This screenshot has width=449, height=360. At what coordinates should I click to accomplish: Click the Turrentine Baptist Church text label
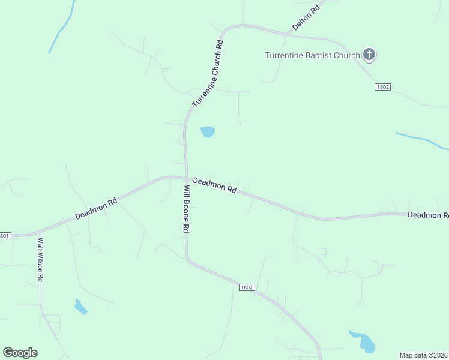[312, 56]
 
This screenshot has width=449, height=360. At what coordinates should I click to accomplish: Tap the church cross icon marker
[369, 56]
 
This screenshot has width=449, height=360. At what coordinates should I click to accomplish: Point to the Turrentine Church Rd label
[208, 74]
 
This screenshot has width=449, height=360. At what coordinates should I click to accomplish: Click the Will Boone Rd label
[187, 209]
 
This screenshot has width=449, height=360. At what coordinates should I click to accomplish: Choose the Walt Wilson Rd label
[40, 260]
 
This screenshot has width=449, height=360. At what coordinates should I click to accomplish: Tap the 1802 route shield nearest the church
[382, 87]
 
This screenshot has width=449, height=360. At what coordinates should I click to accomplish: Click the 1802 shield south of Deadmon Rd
[247, 287]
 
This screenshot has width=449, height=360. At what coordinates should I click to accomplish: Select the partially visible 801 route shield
[5, 236]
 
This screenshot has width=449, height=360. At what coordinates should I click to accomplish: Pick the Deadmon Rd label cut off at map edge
[428, 215]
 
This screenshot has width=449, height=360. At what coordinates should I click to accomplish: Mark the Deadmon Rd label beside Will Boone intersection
[214, 185]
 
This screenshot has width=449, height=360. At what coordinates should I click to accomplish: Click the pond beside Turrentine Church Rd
[208, 131]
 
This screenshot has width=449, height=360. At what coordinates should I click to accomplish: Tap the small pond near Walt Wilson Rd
[80, 307]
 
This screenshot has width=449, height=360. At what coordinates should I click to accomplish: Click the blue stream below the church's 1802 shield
[423, 140]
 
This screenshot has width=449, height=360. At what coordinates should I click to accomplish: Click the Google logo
[20, 353]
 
